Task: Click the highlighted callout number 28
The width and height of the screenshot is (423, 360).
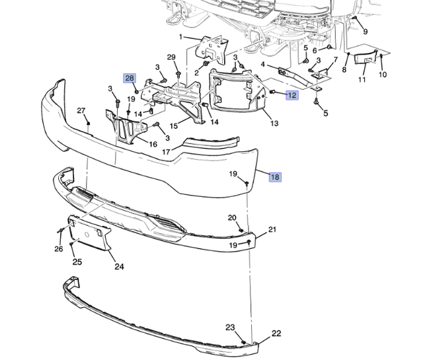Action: pyautogui.click(x=130, y=78)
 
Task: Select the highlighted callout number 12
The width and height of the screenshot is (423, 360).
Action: pyautogui.click(x=291, y=95)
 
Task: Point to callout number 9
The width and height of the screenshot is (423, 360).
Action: pyautogui.click(x=365, y=30)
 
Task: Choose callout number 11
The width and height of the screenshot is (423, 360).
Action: pyautogui.click(x=362, y=80)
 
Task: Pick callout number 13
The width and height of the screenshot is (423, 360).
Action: pyautogui.click(x=274, y=124)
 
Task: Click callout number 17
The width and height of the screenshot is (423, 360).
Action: pyautogui.click(x=166, y=151)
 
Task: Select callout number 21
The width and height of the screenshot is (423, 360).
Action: pyautogui.click(x=272, y=230)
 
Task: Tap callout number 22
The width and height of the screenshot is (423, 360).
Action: pyautogui.click(x=276, y=333)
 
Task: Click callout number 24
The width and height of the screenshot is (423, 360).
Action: pyautogui.click(x=119, y=267)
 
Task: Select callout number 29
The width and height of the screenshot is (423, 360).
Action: pyautogui.click(x=171, y=57)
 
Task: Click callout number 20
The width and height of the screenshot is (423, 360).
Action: pyautogui.click(x=232, y=217)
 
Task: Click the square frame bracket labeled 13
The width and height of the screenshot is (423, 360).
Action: pyautogui.click(x=235, y=96)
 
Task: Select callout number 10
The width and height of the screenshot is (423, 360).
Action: pyautogui.click(x=383, y=75)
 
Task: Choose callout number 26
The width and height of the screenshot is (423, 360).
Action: pyautogui.click(x=59, y=249)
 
